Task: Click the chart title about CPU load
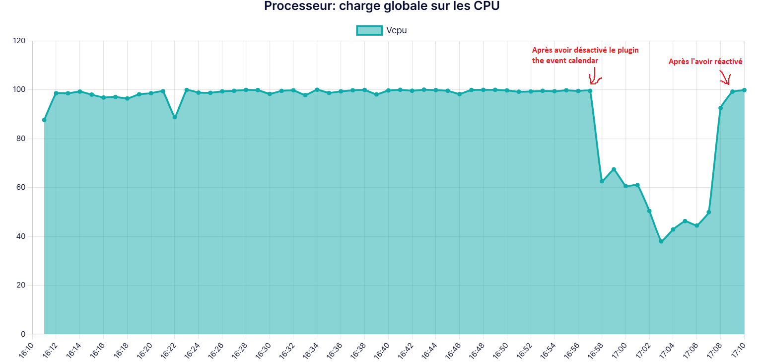pyautogui.click(x=381, y=6)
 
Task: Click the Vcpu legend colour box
pyautogui.click(x=369, y=30)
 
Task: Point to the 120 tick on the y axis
pyautogui.click(x=19, y=41)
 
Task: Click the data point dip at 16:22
pyautogui.click(x=175, y=117)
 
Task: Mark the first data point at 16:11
pyautogui.click(x=44, y=120)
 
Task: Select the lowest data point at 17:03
pyautogui.click(x=661, y=241)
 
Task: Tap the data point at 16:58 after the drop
pyautogui.click(x=602, y=181)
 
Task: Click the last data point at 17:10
pyautogui.click(x=744, y=90)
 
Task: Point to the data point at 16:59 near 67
pyautogui.click(x=614, y=169)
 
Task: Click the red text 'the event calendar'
pyautogui.click(x=565, y=61)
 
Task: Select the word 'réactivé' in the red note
pyautogui.click(x=728, y=62)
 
